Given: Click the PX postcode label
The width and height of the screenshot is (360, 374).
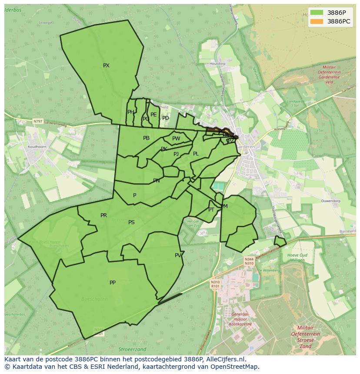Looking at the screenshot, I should (106, 66).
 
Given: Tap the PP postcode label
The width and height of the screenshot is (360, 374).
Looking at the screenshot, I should (113, 283).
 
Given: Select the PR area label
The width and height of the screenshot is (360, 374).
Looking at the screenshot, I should (103, 215).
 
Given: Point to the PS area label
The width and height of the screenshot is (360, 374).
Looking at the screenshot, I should (131, 222).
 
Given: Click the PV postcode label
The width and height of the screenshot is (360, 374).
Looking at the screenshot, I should (178, 255).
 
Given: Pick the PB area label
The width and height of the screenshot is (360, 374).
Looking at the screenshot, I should (146, 138).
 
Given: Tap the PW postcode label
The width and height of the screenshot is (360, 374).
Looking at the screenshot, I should (176, 139).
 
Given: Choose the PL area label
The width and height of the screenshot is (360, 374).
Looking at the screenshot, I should (196, 154).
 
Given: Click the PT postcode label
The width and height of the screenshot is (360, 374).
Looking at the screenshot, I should (211, 210).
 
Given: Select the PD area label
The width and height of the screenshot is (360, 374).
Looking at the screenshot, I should (166, 118).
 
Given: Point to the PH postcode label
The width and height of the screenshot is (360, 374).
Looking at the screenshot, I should (130, 112).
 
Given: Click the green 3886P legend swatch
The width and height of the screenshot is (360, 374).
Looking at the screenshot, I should (317, 13).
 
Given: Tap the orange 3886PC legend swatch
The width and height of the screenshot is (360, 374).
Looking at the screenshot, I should (317, 21).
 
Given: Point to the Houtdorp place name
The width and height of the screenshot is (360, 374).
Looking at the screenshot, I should (217, 64).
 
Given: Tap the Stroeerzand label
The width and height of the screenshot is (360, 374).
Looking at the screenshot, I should (132, 349).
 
